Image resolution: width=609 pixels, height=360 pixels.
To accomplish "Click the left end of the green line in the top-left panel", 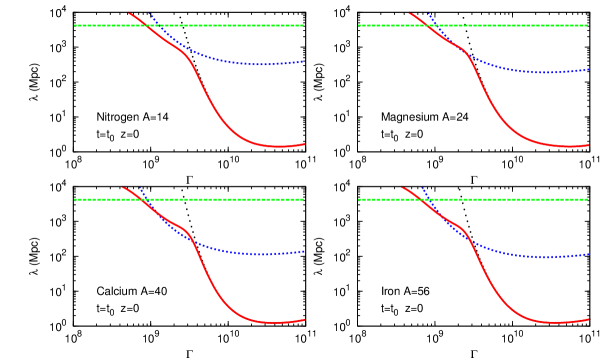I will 75,25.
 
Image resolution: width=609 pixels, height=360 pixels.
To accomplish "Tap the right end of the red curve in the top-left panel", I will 304,144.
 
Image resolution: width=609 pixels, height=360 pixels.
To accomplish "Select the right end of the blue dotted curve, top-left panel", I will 304,61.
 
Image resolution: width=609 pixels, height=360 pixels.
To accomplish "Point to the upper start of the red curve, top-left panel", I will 129,13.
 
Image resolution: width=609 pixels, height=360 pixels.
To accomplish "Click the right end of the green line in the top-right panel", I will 588,25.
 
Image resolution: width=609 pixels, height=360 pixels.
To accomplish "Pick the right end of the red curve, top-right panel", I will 589,145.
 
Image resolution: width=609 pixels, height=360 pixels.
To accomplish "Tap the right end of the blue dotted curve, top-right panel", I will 589,69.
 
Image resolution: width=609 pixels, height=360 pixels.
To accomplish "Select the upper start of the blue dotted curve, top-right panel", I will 428,13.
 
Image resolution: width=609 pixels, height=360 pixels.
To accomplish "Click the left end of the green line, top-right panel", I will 360,25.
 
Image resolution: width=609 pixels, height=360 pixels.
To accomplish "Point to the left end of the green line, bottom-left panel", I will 75,199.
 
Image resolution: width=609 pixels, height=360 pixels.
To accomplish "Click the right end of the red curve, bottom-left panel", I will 304,319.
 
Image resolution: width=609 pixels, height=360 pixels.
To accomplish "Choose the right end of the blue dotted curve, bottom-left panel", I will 304,251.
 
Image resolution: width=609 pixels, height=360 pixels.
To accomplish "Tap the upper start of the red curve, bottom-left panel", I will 123,187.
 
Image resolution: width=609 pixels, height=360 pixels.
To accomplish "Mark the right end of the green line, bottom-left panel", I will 303,199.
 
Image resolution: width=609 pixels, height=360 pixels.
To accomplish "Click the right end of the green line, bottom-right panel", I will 588,199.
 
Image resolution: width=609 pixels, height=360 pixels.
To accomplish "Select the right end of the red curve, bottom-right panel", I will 589,319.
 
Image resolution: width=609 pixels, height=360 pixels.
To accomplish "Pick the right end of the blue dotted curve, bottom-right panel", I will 589,254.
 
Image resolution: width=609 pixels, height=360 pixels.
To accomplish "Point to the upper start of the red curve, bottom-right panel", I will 402,187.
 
